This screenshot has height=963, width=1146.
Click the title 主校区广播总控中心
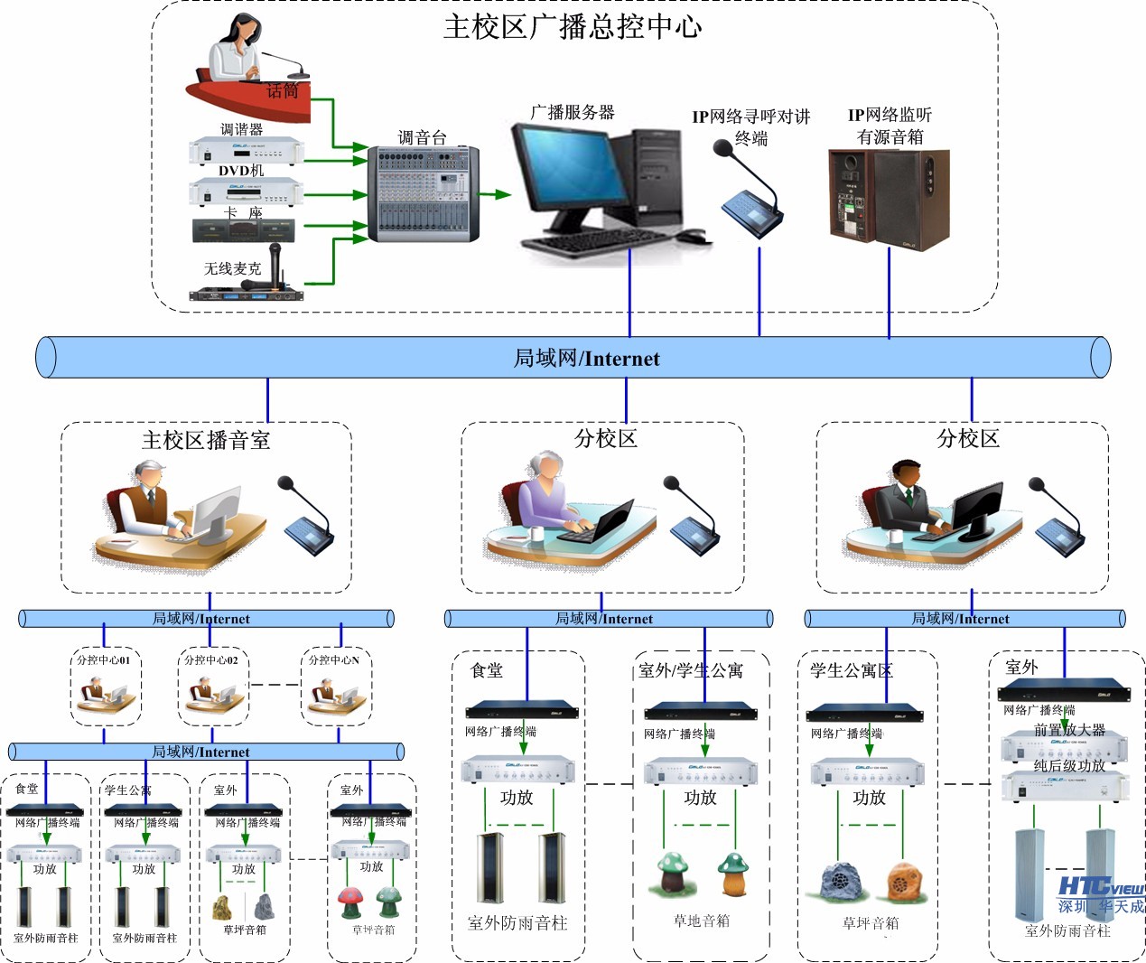click(573, 27)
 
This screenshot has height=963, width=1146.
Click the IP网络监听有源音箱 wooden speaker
click(889, 199)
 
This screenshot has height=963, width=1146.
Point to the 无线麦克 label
click(232, 268)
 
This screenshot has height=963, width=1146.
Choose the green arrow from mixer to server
click(494, 194)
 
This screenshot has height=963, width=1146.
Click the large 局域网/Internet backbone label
click(586, 359)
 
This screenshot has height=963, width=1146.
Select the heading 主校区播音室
click(206, 440)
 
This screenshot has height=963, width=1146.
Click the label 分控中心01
click(104, 660)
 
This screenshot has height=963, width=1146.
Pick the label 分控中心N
click(334, 660)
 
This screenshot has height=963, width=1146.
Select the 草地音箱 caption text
click(701, 921)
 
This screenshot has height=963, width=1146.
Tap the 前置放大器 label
click(1069, 730)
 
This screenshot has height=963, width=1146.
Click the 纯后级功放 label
click(1069, 765)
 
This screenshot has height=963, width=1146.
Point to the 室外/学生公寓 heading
click(691, 670)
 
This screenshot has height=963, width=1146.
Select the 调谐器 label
click(241, 129)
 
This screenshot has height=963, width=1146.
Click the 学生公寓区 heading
click(851, 670)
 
